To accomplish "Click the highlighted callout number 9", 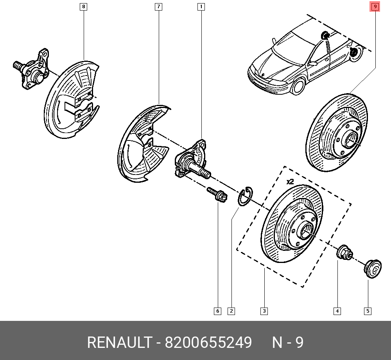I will (375, 7).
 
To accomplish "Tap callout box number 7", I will (158, 7).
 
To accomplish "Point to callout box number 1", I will (201, 7).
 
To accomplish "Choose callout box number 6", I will (217, 311).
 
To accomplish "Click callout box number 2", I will (231, 311).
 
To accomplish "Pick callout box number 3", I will (264, 311).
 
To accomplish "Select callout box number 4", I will (337, 311).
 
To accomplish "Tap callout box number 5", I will (368, 311).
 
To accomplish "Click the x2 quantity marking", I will (290, 182).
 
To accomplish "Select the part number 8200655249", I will (208, 343).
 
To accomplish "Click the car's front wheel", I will (299, 86).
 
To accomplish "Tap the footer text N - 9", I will (288, 343).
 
